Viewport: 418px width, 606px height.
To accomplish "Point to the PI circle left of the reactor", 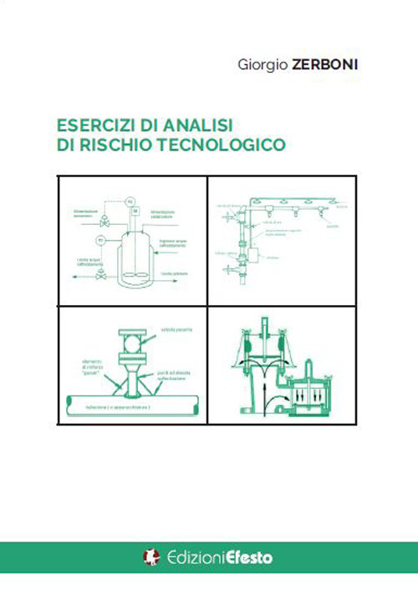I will coord(102,241).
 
